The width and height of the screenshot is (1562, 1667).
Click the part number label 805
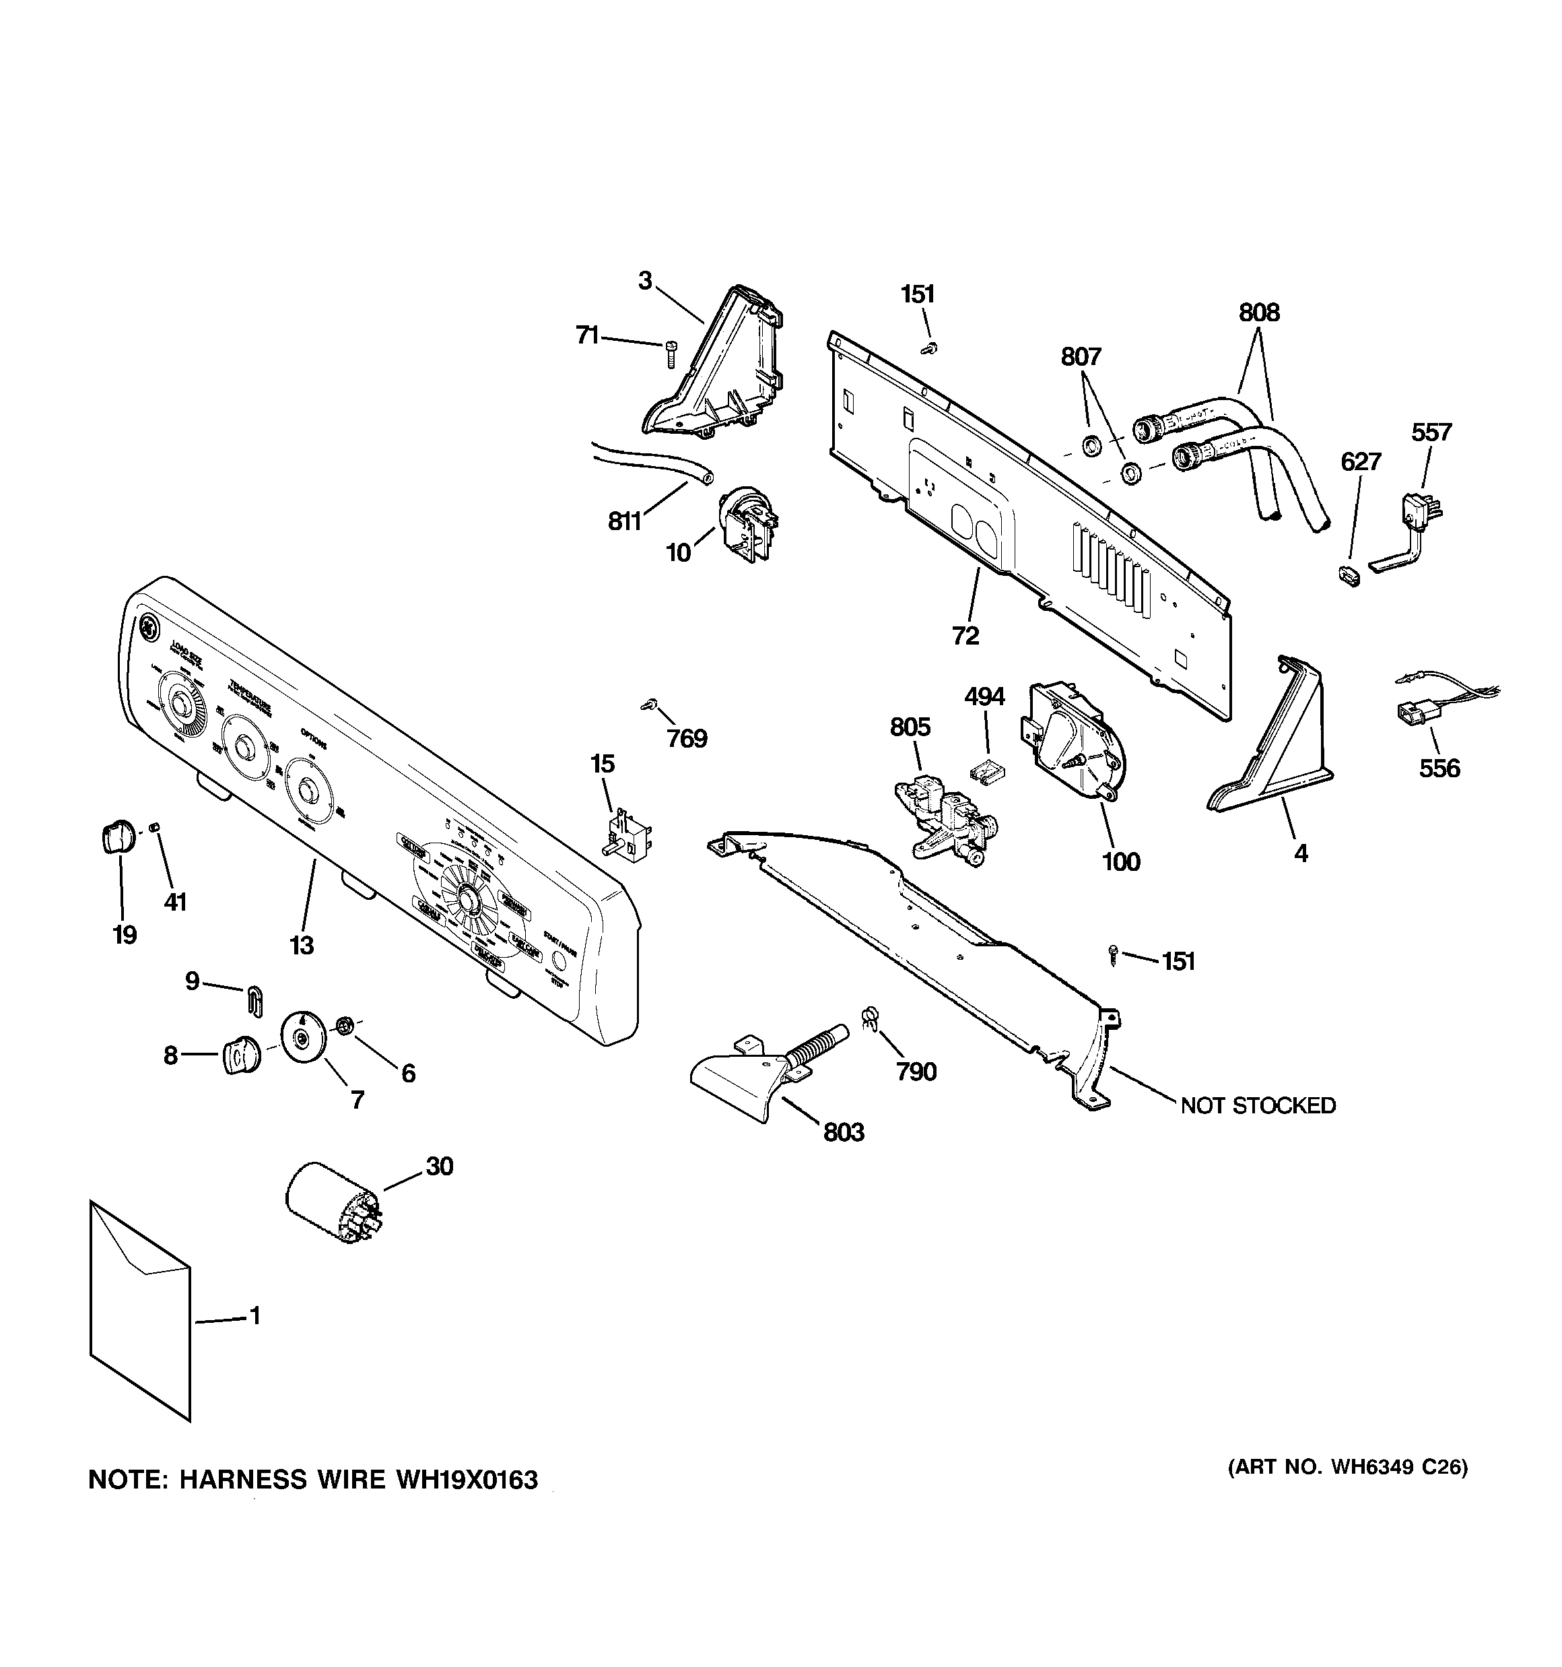(x=910, y=726)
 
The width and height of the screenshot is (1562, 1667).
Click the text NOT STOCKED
(x=1258, y=1105)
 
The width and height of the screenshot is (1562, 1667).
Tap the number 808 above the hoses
(x=1258, y=313)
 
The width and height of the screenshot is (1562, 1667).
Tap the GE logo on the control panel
(x=148, y=627)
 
